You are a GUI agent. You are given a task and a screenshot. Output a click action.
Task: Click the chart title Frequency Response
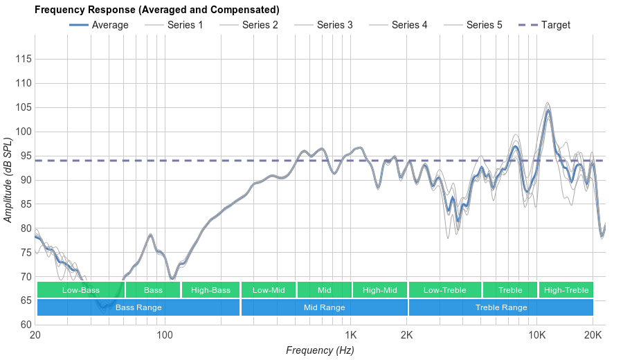pyautogui.click(x=156, y=10)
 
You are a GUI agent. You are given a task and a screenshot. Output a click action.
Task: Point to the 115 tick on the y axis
pyautogui.click(x=24, y=60)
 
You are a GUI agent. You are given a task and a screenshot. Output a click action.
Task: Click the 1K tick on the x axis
pyautogui.click(x=349, y=336)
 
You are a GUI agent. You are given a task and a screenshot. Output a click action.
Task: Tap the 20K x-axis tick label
pyautogui.click(x=593, y=336)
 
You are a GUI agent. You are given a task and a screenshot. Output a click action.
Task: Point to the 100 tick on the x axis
pyautogui.click(x=165, y=336)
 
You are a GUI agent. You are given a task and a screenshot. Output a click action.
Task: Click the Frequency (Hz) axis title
pyautogui.click(x=320, y=350)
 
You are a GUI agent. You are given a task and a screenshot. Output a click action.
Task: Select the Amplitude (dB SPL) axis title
pyautogui.click(x=8, y=180)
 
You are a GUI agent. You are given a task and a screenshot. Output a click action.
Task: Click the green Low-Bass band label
pyautogui.click(x=80, y=290)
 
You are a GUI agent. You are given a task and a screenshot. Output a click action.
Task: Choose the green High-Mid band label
pyautogui.click(x=379, y=290)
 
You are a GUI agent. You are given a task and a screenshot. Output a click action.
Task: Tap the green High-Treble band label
pyautogui.click(x=566, y=290)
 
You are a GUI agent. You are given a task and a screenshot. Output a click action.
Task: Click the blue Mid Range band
pyautogui.click(x=324, y=307)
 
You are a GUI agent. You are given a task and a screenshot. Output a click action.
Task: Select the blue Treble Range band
pyautogui.click(x=501, y=307)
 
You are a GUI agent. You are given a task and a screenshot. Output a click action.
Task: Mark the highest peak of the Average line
pyautogui.click(x=548, y=110)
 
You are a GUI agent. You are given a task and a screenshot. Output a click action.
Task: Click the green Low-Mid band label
pyautogui.click(x=269, y=290)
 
